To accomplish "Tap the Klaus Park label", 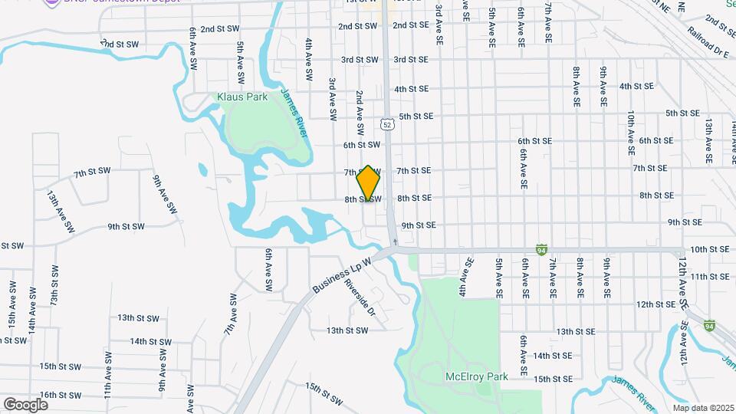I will click(242, 97).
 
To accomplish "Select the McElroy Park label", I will click(476, 376).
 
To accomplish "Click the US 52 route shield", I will click(387, 123).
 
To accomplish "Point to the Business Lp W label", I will click(341, 274).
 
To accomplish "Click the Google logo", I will click(25, 404).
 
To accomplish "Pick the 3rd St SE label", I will click(411, 59).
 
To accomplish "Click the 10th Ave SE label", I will click(630, 129).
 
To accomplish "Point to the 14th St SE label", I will click(553, 355).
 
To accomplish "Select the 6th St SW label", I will click(362, 144).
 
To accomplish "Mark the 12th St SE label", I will click(655, 304).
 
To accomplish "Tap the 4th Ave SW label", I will click(309, 61).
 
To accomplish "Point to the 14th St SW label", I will click(149, 341).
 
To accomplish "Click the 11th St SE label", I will click(709, 277).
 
